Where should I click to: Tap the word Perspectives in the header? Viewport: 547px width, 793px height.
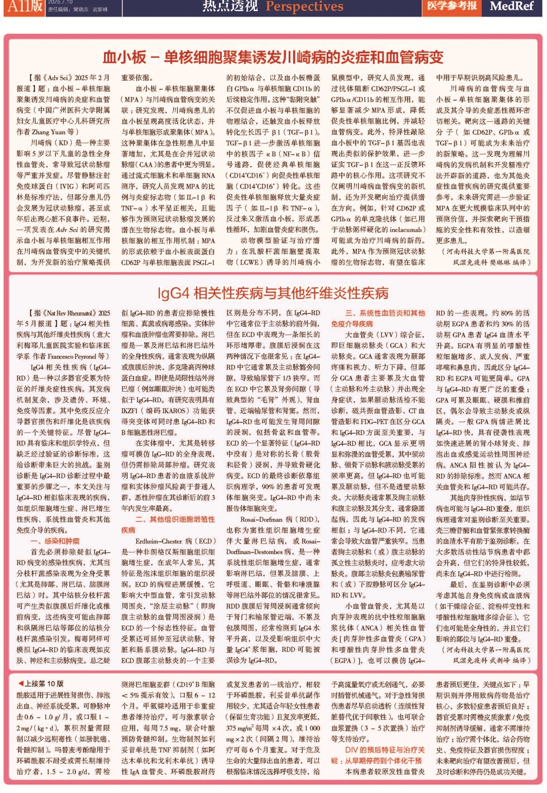(x=304, y=6)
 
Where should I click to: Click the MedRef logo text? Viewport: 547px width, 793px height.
(x=511, y=6)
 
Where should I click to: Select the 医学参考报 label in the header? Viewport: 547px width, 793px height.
(x=451, y=6)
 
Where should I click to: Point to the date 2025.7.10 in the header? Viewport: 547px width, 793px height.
(x=60, y=2)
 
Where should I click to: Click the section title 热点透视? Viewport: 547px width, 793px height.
(x=230, y=6)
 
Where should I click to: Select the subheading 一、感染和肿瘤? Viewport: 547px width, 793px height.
(x=54, y=541)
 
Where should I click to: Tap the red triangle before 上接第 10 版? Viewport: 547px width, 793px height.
(x=21, y=683)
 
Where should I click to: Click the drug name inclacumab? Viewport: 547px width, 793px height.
(x=404, y=229)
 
